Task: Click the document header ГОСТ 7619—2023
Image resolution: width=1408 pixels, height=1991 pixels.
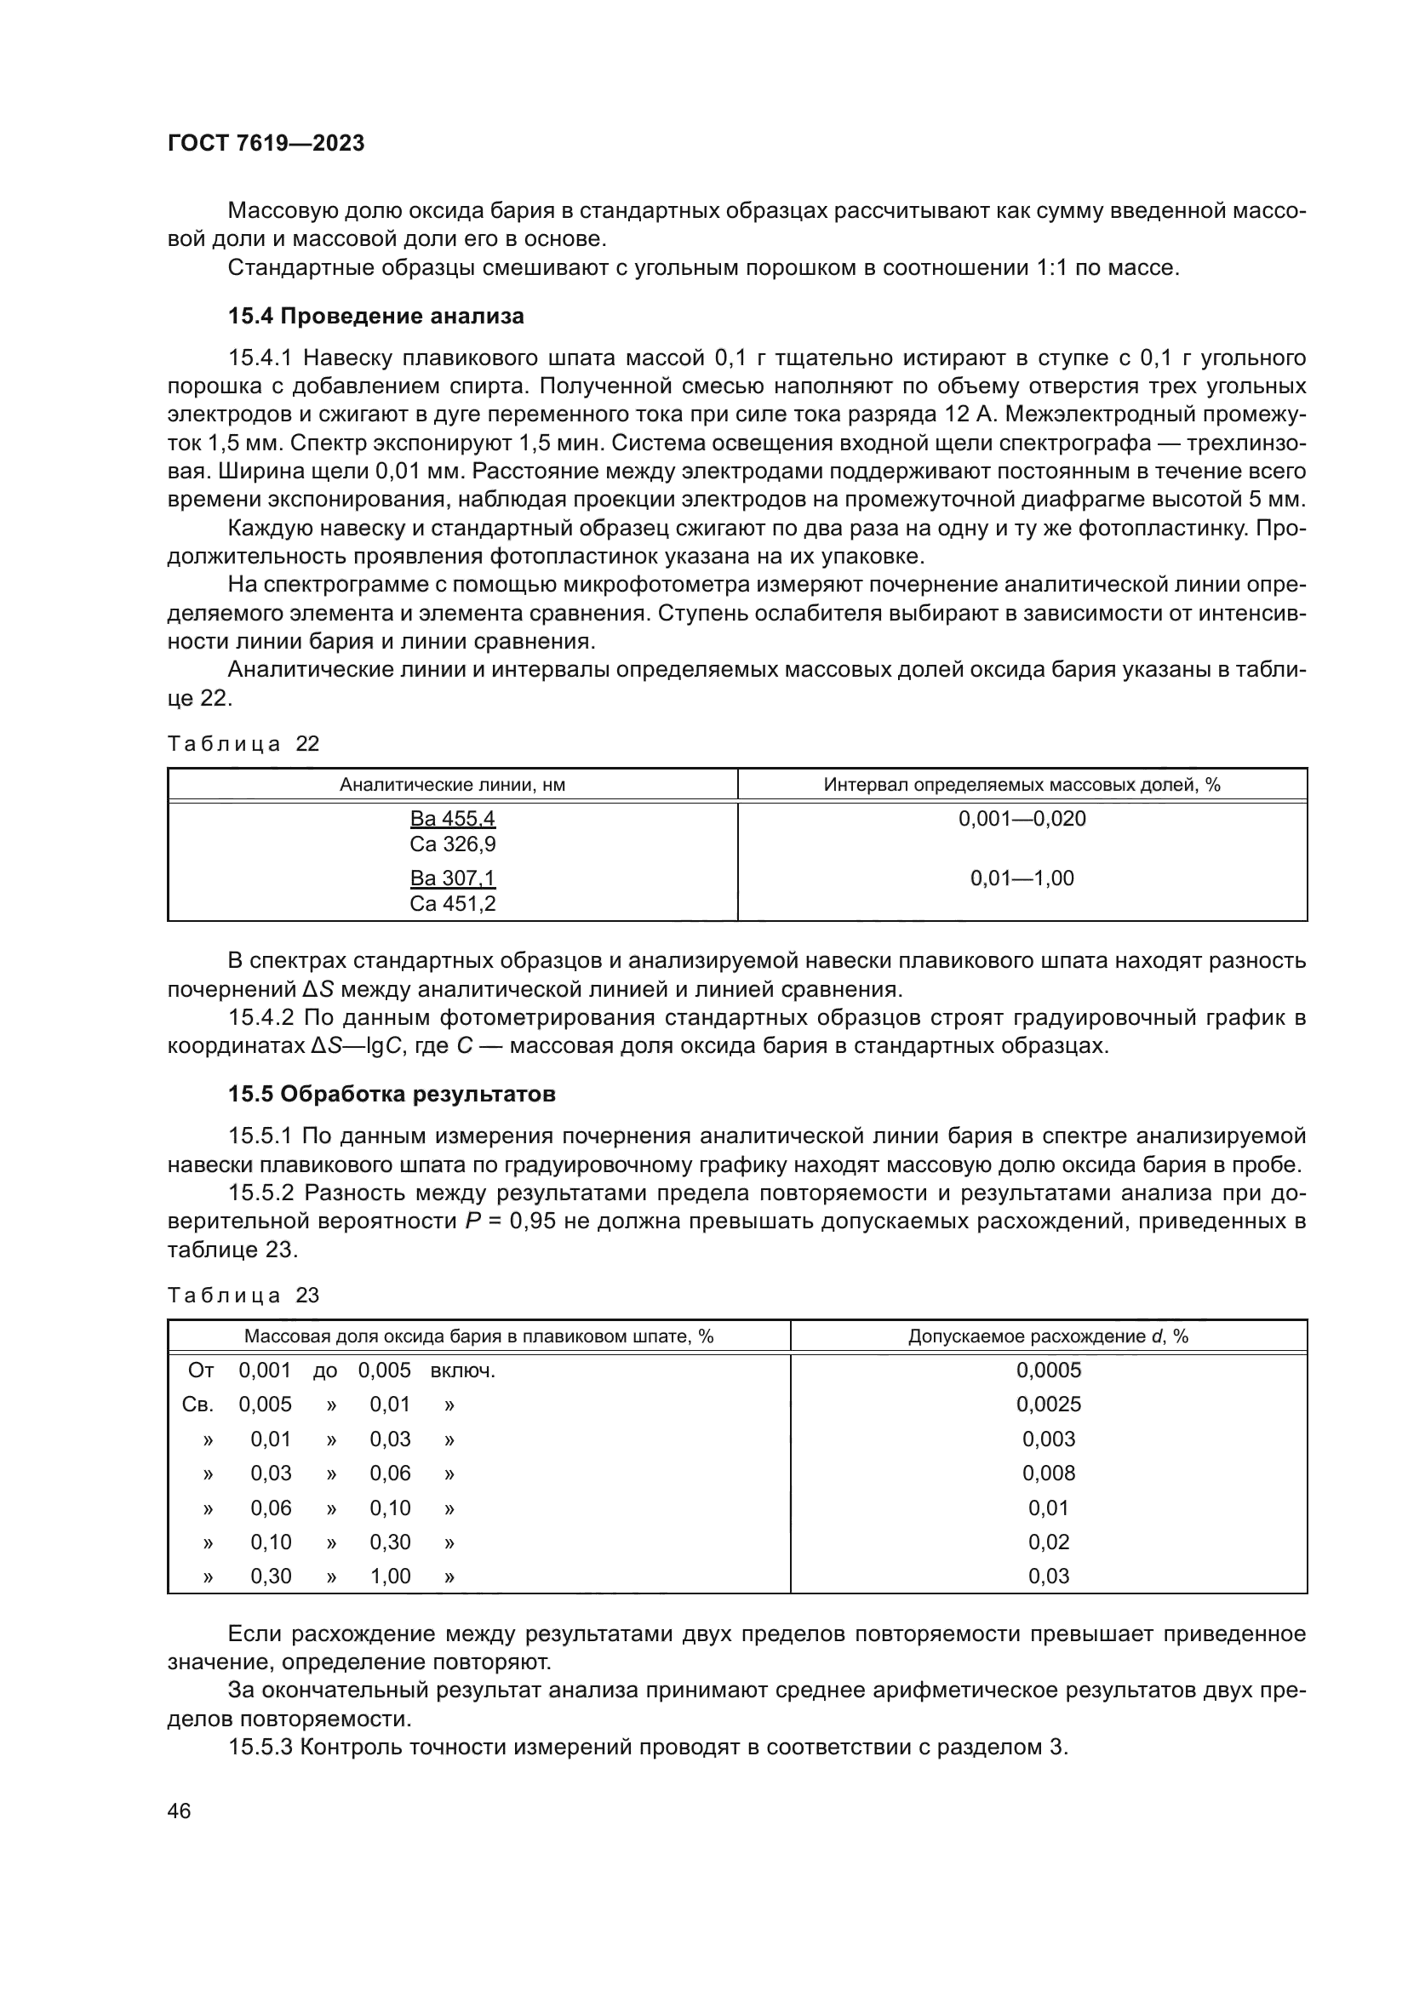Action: pyautogui.click(x=266, y=144)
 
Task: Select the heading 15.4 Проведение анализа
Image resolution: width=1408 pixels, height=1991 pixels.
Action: pyautogui.click(x=375, y=317)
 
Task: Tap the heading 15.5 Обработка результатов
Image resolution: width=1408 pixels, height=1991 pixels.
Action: pyautogui.click(x=391, y=1095)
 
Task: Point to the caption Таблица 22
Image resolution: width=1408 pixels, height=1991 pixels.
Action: pyautogui.click(x=243, y=744)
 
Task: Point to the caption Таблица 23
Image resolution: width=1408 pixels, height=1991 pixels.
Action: pyautogui.click(x=243, y=1296)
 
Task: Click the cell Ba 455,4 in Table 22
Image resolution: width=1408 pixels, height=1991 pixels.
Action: pyautogui.click(x=453, y=819)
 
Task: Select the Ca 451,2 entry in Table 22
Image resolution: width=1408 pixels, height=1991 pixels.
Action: pyautogui.click(x=453, y=904)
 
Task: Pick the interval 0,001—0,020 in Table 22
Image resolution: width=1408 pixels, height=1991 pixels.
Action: pyautogui.click(x=1022, y=819)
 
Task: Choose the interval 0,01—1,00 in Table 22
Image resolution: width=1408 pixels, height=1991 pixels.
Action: pyautogui.click(x=1022, y=878)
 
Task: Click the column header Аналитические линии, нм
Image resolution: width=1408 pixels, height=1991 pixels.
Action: pyautogui.click(x=453, y=785)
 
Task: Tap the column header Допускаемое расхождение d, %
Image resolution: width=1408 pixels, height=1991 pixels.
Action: pyautogui.click(x=1048, y=1336)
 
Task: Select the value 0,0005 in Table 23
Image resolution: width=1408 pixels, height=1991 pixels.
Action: pyautogui.click(x=1048, y=1371)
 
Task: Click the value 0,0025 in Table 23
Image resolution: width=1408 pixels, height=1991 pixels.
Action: pyautogui.click(x=1048, y=1405)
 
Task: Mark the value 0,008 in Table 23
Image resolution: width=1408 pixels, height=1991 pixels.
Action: pyautogui.click(x=1048, y=1473)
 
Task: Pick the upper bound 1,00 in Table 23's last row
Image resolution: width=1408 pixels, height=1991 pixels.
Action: pyautogui.click(x=390, y=1576)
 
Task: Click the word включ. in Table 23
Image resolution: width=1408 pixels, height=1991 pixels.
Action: pyautogui.click(x=463, y=1371)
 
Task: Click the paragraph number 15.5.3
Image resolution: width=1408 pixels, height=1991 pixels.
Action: pyautogui.click(x=260, y=1748)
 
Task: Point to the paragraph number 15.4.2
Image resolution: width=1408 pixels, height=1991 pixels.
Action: pyautogui.click(x=260, y=1018)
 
